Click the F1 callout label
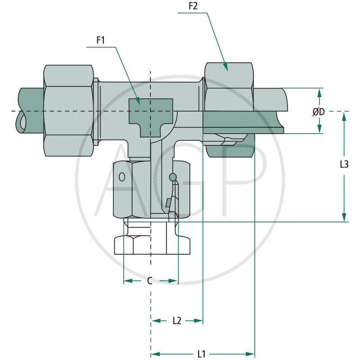tap(100, 40)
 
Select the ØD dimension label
tap(319, 111)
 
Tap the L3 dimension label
tap(344, 164)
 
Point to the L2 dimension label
tap(177, 320)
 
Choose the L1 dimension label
tap(202, 354)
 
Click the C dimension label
tap(150, 281)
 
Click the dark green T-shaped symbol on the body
tap(150, 113)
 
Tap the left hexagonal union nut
tap(68, 110)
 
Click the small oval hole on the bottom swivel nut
tap(121, 177)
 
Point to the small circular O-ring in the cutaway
tap(172, 178)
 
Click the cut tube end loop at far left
tap(20, 122)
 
